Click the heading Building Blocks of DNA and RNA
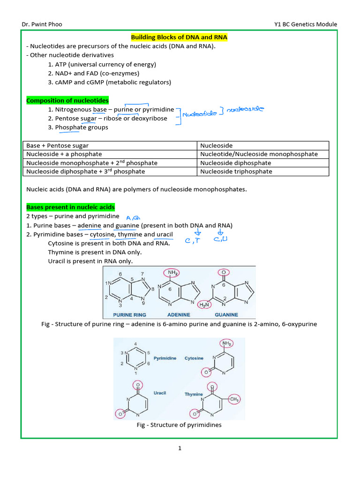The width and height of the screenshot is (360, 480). pos(179,37)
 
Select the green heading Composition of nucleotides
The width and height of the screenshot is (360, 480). pos(67,100)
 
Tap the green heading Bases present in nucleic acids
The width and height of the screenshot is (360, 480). pos(70,207)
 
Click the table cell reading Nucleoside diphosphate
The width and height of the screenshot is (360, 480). pos(236,163)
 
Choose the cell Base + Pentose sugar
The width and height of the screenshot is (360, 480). pos(57,146)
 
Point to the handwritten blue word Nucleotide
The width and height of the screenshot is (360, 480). pos(200,114)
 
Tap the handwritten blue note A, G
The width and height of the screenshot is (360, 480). pos(134,217)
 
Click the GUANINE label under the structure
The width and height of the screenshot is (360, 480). pos(226,315)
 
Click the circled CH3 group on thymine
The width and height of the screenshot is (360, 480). pos(235,399)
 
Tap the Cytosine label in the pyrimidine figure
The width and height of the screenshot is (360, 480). pos(194,358)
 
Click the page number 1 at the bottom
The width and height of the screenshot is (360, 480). pos(180,448)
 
